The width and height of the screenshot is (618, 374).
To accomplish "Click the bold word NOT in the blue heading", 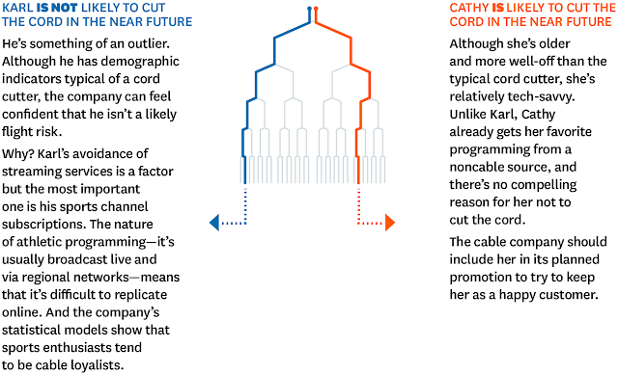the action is pos(63,8).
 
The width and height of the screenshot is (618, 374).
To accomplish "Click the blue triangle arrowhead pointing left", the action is pos(214,223).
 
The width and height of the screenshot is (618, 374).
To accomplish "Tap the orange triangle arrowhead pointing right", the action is pos(390,223).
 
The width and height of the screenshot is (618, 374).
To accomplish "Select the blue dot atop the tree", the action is pos(309,9).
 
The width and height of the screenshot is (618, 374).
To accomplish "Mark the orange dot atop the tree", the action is pos(316,9).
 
